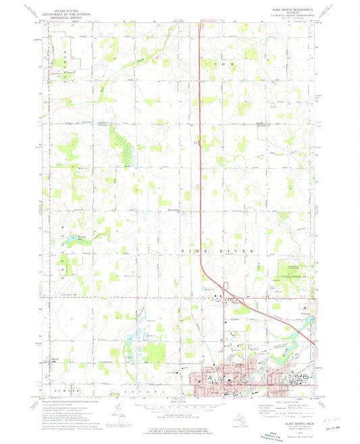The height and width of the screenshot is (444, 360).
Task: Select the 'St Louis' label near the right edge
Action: (x=305, y=316)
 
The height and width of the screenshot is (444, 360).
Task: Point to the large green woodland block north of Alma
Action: (x=156, y=353)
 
